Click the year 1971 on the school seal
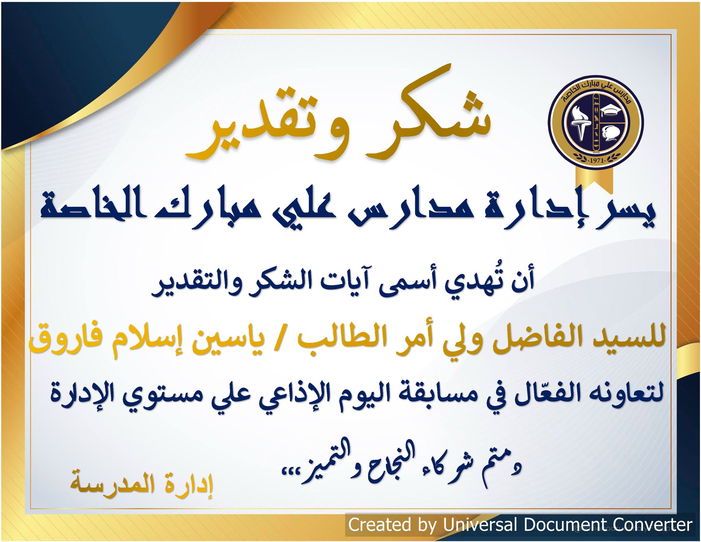point(596,160)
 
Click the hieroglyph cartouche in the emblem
point(596,123)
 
